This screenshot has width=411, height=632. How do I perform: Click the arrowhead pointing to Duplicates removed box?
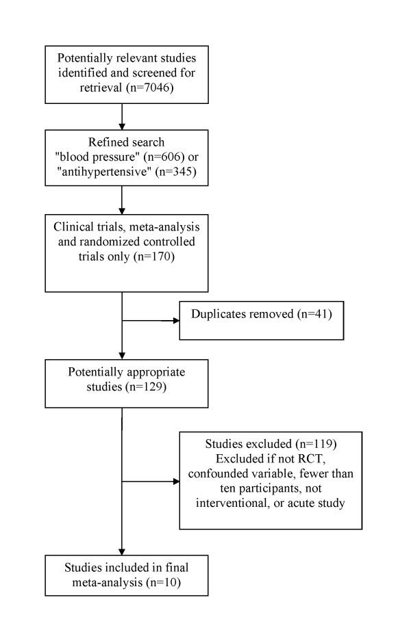pyautogui.click(x=175, y=319)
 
